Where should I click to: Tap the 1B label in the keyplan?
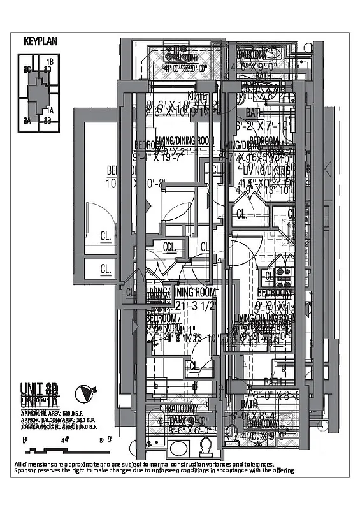pyautogui.click(x=49, y=61)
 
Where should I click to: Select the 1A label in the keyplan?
pyautogui.click(x=50, y=110)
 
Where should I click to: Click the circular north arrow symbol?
pyautogui.click(x=83, y=392)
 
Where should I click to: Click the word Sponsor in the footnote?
pyautogui.click(x=26, y=470)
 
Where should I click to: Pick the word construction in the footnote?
pyautogui.click(x=179, y=464)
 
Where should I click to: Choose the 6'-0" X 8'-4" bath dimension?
pyautogui.click(x=255, y=415)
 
